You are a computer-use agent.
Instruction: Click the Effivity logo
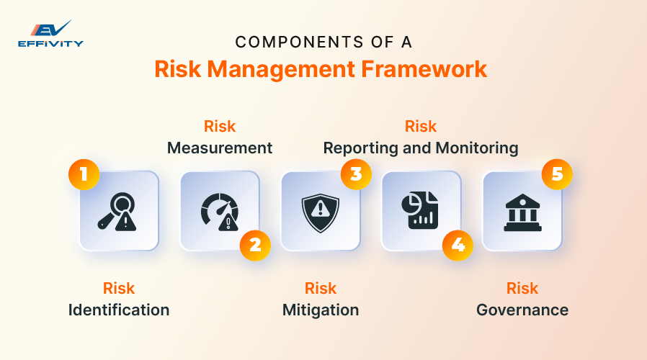(x=50, y=34)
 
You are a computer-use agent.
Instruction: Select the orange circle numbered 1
(x=84, y=174)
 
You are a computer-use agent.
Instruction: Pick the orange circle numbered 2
(x=255, y=245)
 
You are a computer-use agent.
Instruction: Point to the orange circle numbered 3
(x=356, y=174)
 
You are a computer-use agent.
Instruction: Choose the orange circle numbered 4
(x=458, y=245)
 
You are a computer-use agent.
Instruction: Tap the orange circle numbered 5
(x=557, y=174)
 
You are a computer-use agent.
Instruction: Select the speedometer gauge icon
(x=219, y=211)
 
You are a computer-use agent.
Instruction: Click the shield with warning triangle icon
(x=320, y=211)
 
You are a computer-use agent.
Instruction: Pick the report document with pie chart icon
(x=421, y=211)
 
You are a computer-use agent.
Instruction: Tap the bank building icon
(x=522, y=211)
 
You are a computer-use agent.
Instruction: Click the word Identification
(x=119, y=310)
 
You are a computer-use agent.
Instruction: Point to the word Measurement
(x=220, y=148)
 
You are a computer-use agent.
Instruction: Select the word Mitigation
(x=321, y=310)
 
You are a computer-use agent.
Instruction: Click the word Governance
(x=522, y=310)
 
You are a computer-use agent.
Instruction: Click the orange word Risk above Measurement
(x=220, y=127)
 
